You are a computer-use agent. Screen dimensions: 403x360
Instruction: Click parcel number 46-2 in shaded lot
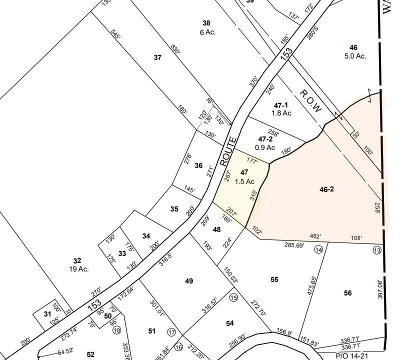tap(326, 189)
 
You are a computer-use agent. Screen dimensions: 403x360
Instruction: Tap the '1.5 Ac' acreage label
tap(245, 181)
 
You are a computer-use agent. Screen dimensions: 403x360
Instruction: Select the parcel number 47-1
tap(281, 105)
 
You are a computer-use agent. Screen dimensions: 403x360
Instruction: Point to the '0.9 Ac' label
tap(265, 147)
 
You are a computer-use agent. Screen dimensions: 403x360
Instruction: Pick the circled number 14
tap(318, 249)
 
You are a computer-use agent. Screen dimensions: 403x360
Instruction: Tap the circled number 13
tap(377, 250)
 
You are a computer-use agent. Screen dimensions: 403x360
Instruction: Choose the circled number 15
tap(233, 297)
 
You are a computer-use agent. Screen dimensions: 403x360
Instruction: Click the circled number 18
tap(117, 330)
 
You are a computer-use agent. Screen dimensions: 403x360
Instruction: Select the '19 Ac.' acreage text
tap(79, 269)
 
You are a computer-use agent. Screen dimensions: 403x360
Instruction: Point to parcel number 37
tap(157, 57)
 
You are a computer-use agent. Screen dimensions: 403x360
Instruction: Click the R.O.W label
tap(310, 101)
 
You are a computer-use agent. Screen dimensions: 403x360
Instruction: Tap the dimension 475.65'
tap(311, 285)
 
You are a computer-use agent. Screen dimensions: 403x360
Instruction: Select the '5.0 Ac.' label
tap(355, 56)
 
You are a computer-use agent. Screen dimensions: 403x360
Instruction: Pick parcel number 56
tap(347, 293)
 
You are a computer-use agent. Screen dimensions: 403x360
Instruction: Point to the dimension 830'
tap(189, 51)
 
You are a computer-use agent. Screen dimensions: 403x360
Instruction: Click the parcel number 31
tap(47, 313)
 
